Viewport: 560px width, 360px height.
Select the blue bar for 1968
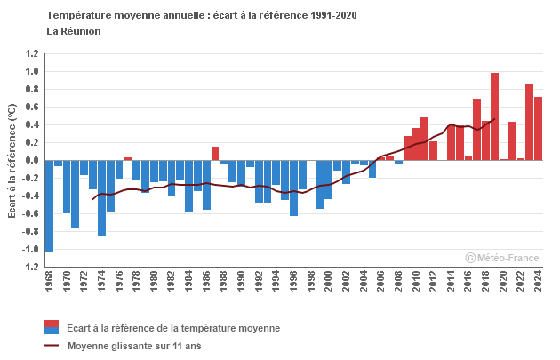49,205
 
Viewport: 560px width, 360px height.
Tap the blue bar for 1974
101,197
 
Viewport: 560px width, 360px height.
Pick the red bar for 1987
215,154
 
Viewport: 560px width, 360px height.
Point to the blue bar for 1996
293,188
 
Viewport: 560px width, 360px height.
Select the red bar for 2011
424,139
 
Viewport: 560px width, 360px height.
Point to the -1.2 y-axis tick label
29,267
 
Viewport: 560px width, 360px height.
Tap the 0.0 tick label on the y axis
31,160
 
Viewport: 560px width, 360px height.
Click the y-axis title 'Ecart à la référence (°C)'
12,161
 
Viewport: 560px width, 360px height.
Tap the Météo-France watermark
502,258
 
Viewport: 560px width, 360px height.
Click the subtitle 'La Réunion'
74,31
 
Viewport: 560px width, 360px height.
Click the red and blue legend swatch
52,327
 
